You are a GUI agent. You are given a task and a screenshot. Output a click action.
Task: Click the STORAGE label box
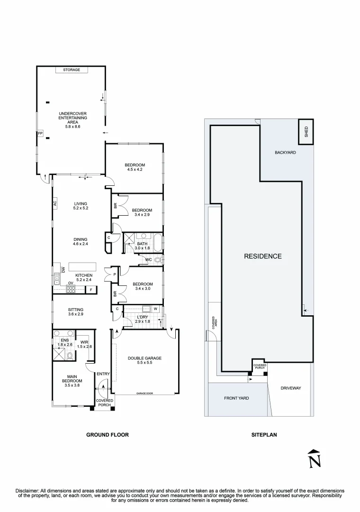coord(72,70)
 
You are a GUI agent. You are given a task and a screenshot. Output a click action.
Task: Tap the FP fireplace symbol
coord(40,134)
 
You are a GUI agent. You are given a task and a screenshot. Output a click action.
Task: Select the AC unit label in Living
coord(55,203)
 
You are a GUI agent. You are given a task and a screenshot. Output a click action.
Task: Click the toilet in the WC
coord(158,260)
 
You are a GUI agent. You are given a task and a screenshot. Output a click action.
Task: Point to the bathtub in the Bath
coord(157,243)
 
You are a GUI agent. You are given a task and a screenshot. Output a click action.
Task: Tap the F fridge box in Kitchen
coord(91,290)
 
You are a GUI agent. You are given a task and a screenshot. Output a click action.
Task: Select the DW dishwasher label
coord(63,270)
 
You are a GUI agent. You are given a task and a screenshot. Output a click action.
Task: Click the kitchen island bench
coord(82,266)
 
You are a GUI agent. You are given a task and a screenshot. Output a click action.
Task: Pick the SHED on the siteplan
coord(306,132)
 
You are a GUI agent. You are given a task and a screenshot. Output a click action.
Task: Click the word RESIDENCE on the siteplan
coord(263,256)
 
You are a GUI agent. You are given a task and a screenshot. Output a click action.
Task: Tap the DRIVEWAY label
coord(291,388)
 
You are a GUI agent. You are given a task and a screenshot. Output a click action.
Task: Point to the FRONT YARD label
coord(236,398)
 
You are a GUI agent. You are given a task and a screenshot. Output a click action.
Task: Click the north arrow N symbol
coord(315,459)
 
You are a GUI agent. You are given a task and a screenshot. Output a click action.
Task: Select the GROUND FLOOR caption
coord(108,435)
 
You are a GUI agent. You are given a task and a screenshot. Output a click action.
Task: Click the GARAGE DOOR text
coord(144,393)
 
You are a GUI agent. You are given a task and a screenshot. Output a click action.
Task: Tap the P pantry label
coord(115,274)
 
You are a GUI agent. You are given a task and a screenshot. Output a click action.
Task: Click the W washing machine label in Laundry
coord(155,309)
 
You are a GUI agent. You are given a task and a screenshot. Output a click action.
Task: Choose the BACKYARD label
coord(285,153)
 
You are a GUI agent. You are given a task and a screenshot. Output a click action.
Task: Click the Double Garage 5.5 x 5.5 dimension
coord(144,363)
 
